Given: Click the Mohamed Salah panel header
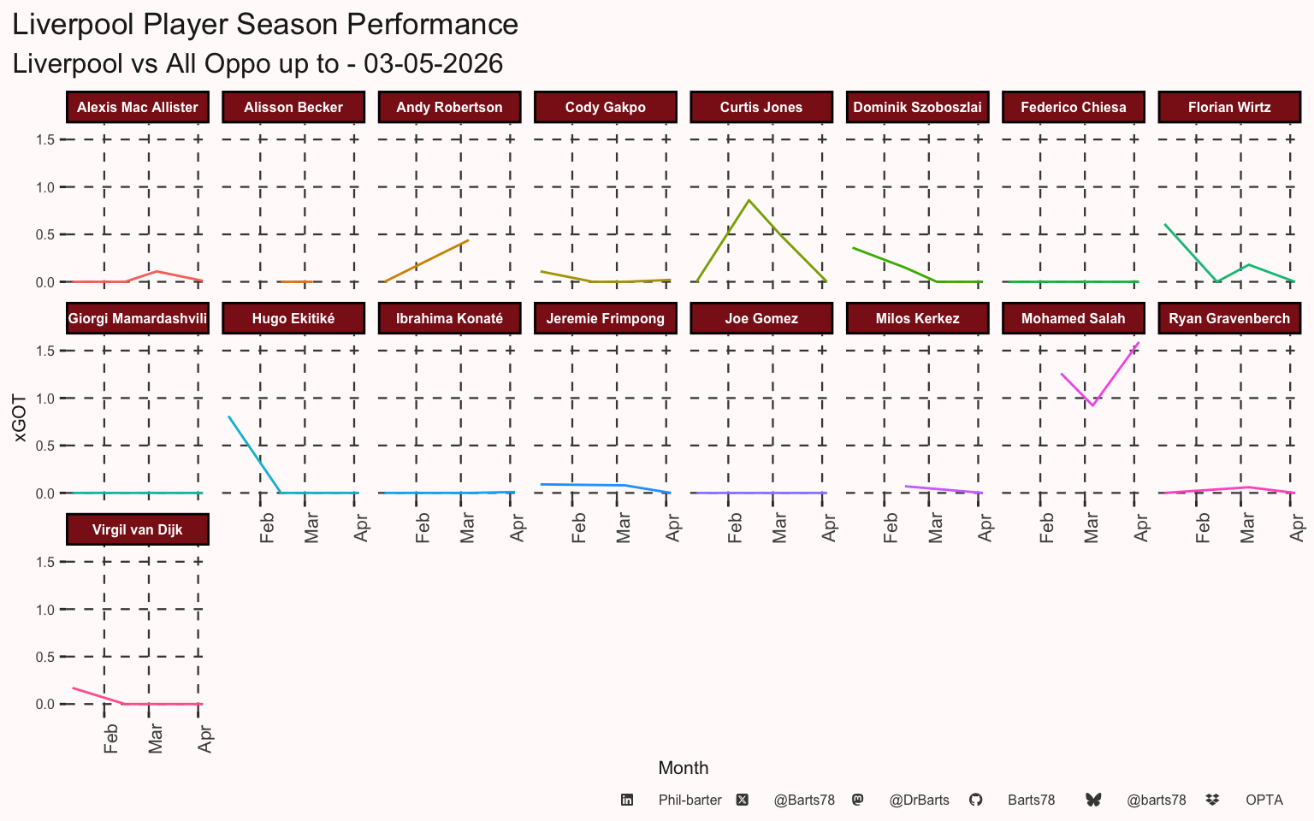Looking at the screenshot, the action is coord(1073,318).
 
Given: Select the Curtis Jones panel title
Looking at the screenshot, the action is coord(761,107).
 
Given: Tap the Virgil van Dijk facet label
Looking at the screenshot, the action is coord(137,529).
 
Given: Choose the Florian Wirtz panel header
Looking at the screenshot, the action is coord(1229,107).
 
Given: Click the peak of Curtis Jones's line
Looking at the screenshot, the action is coord(749,201).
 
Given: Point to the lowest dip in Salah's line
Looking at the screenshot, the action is coord(1092,405).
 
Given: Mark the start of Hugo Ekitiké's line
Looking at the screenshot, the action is coord(228,417).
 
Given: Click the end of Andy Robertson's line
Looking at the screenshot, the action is coord(468,240).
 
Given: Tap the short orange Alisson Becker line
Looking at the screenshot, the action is coord(296,281).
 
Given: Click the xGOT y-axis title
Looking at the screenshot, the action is coord(20,418).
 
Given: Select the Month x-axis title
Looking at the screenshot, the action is coord(683,768).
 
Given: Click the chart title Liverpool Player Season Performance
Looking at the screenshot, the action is coord(265,25).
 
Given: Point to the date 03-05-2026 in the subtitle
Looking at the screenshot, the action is coord(433,63).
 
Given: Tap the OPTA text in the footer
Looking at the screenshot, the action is coord(1264,800).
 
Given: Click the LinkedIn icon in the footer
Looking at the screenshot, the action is coord(627,800).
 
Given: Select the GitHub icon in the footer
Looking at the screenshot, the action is coord(975,800).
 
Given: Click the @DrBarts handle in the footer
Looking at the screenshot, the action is coord(919,800).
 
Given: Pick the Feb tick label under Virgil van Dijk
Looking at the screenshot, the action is coord(110,739).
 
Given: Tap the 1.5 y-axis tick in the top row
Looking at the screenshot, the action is coord(45,139).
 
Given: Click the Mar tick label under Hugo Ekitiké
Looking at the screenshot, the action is coord(311,528).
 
